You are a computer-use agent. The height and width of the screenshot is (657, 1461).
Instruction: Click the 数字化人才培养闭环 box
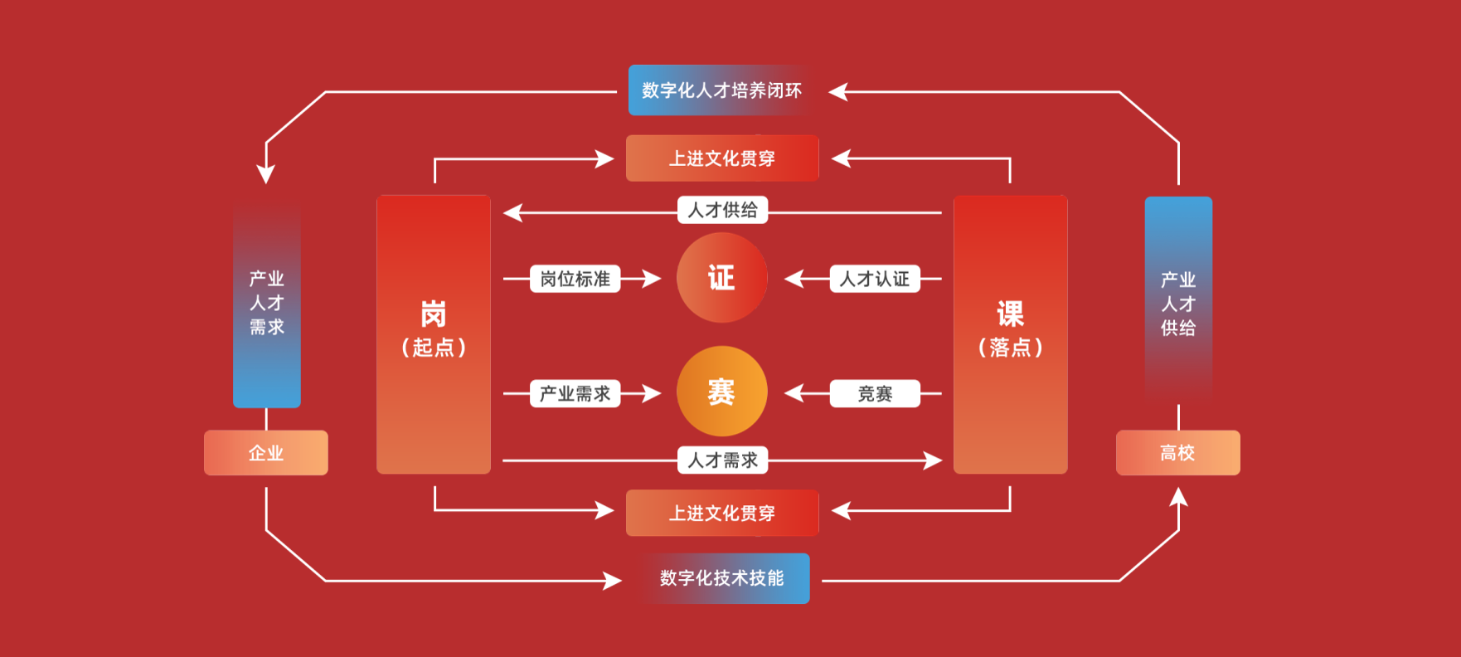(720, 90)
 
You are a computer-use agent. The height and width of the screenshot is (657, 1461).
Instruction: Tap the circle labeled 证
(721, 278)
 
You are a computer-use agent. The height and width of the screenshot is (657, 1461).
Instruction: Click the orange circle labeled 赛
(721, 392)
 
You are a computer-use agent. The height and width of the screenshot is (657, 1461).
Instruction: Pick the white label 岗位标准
(575, 279)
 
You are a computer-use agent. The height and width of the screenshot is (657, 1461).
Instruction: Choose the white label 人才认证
(875, 279)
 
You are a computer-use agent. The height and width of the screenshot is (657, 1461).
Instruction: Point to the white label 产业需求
(575, 393)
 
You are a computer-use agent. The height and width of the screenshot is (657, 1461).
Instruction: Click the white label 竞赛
(875, 393)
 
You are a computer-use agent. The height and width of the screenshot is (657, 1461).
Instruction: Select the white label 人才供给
(722, 210)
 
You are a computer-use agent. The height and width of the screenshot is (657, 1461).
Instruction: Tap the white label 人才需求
(722, 460)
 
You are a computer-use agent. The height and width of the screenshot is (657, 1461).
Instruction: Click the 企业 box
(266, 453)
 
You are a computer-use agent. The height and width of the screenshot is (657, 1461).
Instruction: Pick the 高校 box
(1177, 453)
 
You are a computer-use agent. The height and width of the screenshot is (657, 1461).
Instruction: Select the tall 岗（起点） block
(434, 334)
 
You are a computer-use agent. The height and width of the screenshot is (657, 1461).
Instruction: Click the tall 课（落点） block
(1010, 334)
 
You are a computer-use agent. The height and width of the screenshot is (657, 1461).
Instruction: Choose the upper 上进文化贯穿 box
(722, 158)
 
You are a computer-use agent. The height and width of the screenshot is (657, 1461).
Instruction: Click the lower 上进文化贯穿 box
(722, 513)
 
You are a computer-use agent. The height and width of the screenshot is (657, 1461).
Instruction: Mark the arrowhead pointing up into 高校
(1178, 497)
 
